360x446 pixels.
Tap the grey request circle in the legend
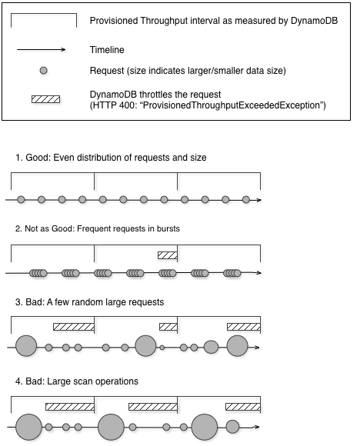click(45, 71)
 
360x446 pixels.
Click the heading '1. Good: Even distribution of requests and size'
click(111, 158)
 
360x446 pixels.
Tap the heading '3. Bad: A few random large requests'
click(100, 301)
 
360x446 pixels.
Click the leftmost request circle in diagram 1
click(22, 200)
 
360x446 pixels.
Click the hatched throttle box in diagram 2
click(168, 255)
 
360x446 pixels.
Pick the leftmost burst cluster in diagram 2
click(39, 272)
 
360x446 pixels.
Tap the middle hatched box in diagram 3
click(168, 326)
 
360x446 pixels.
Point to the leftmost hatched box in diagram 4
click(69, 405)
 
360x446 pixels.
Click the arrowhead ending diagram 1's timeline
click(258, 200)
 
